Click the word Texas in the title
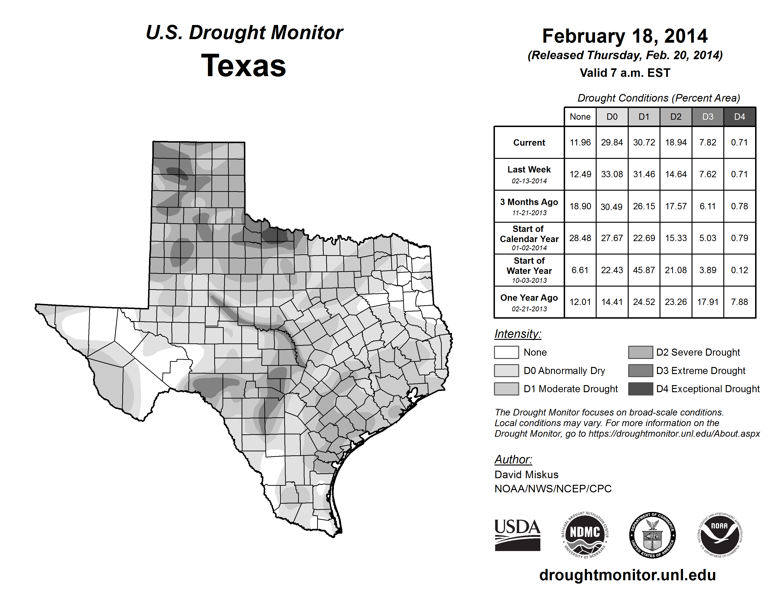[x=243, y=66]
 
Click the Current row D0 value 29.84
[x=612, y=142]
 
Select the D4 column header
[x=739, y=117]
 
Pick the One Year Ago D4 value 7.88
[x=739, y=302]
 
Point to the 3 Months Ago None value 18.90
[x=580, y=206]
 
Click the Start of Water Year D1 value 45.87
[x=644, y=270]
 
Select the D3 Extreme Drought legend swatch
[x=640, y=371]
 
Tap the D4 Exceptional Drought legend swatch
[x=640, y=389]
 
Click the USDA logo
[x=517, y=535]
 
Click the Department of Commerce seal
[x=652, y=535]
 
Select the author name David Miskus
[x=526, y=475]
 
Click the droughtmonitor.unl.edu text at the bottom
[x=627, y=575]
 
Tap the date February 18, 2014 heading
[x=625, y=36]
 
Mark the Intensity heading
[x=518, y=334]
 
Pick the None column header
[x=580, y=117]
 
